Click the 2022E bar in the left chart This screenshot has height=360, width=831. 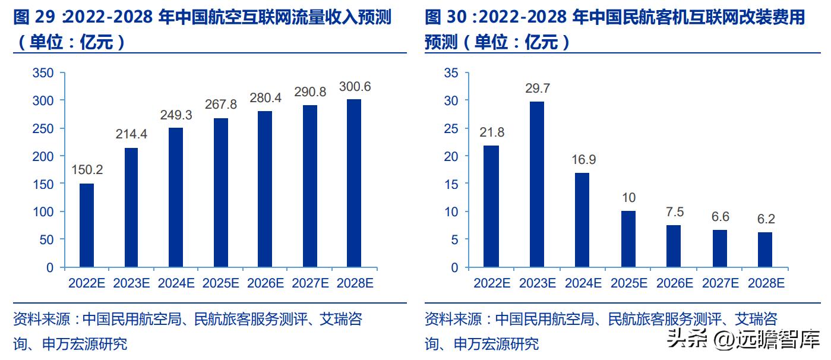[87, 225]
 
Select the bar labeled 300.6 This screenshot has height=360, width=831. [354, 183]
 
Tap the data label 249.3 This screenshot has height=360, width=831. [176, 115]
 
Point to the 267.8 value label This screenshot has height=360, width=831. [220, 105]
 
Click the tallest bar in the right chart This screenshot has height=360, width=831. [536, 184]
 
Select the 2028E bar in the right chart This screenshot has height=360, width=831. [764, 250]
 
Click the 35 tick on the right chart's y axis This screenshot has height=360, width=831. [451, 73]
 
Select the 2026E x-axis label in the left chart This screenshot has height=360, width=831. [265, 283]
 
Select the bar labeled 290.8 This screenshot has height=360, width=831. [309, 186]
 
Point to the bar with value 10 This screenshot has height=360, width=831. [628, 239]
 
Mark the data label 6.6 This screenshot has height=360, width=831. [719, 217]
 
